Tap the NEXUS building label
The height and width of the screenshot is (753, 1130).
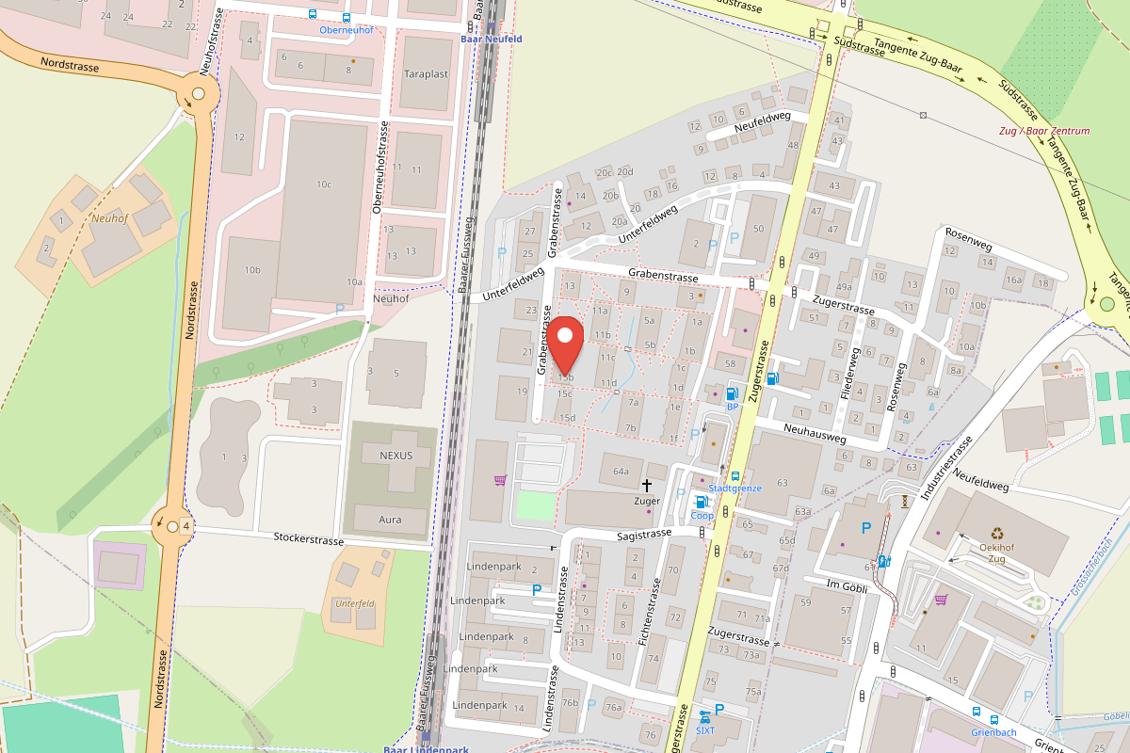(x=395, y=456)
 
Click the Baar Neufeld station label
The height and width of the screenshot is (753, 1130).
(x=491, y=39)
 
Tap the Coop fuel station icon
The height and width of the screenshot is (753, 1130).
(x=701, y=502)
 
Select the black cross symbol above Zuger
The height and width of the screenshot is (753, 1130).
(x=647, y=485)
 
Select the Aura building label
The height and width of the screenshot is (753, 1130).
(x=389, y=520)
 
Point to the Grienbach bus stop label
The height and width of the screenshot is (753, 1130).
(x=993, y=732)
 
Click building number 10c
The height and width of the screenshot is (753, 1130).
(x=324, y=184)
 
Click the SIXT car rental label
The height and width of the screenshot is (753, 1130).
(x=706, y=729)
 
